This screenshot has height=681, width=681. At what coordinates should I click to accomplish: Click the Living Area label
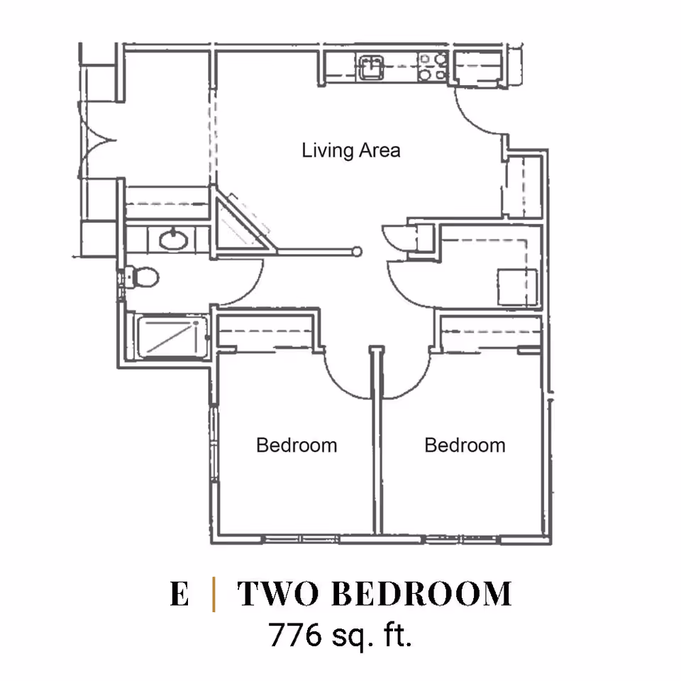(350, 150)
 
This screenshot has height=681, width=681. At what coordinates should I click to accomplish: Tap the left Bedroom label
(296, 445)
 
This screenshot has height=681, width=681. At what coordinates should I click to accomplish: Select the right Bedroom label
(465, 445)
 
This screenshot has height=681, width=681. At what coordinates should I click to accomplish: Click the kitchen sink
(370, 68)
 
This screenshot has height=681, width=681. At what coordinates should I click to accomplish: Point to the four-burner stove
(432, 67)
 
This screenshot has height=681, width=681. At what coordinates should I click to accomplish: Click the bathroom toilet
(142, 277)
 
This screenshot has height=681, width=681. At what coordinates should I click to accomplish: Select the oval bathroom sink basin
(173, 240)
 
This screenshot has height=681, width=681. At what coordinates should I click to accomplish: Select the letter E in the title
(179, 594)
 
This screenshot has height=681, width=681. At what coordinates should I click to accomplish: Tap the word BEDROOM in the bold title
(421, 594)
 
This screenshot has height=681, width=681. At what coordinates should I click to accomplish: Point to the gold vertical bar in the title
(214, 594)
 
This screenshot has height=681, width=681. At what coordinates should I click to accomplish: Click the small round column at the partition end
(358, 251)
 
